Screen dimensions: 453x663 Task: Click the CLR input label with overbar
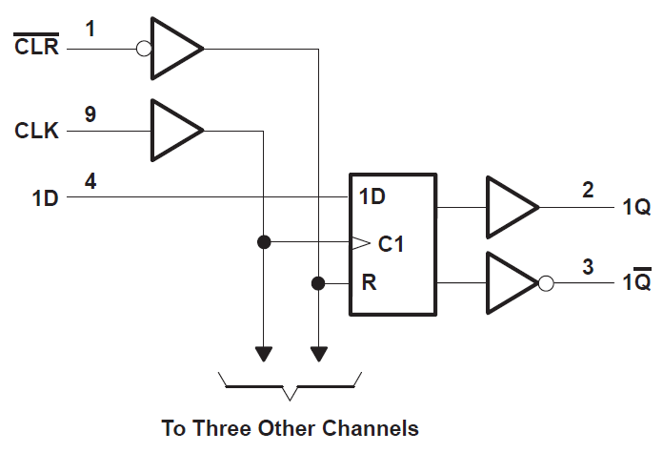[x=36, y=47]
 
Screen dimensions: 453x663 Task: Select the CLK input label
[x=36, y=130]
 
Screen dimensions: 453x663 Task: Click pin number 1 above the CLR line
[x=90, y=29]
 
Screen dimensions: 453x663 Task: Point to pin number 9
[x=90, y=113]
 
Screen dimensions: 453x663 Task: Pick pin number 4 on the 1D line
[x=90, y=180]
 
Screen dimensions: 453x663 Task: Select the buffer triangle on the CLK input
[x=173, y=130]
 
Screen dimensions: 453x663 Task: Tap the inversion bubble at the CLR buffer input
[x=144, y=47]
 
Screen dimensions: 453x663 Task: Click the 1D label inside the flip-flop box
[x=372, y=197]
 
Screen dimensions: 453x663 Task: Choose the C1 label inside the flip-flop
[x=391, y=243]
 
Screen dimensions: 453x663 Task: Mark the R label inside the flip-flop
[x=366, y=283]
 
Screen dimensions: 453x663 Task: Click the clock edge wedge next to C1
[x=359, y=243]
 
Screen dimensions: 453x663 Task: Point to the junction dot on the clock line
[x=264, y=242]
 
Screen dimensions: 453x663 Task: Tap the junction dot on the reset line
[x=318, y=283]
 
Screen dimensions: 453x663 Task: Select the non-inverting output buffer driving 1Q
[x=510, y=206]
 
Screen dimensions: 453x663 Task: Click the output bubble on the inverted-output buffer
[x=546, y=283]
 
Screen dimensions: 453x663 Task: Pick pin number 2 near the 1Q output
[x=588, y=189]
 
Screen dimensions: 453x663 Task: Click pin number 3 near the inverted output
[x=588, y=266]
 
